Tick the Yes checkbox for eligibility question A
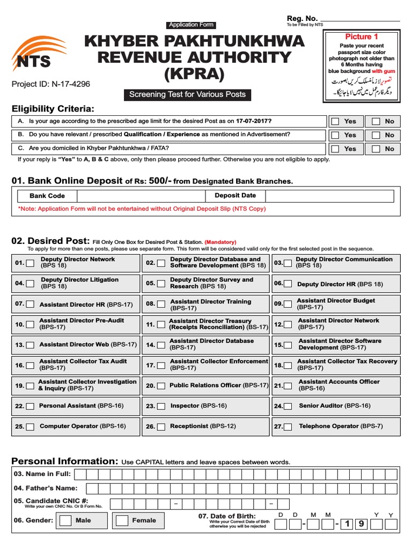(x=335, y=121)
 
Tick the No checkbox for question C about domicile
(x=376, y=149)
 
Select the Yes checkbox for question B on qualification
(x=335, y=135)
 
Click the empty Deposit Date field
(x=327, y=196)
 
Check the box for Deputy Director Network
(x=31, y=263)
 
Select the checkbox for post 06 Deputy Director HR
(x=288, y=284)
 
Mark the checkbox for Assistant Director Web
(x=31, y=345)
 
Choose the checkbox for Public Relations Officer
(x=160, y=385)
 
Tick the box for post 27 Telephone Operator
(x=289, y=427)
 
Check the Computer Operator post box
(x=31, y=427)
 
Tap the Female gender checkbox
(x=122, y=521)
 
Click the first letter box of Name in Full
(x=79, y=474)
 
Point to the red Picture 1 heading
(x=362, y=36)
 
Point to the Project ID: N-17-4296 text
(x=51, y=84)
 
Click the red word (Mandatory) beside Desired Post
(x=220, y=242)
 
